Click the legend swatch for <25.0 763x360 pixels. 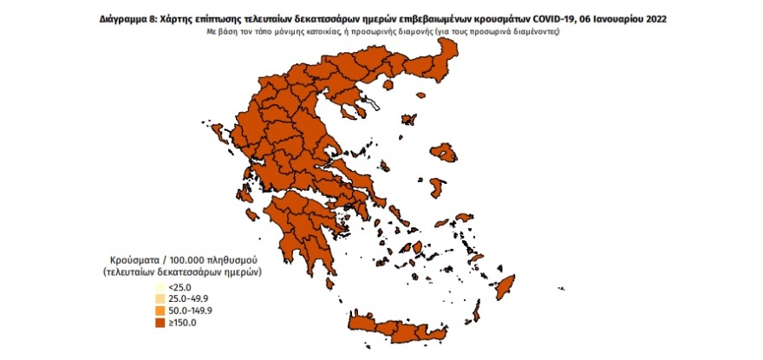160,287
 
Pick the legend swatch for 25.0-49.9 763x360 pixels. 160,298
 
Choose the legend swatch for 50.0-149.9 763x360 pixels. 160,310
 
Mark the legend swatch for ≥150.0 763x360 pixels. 160,321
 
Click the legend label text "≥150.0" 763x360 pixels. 184,321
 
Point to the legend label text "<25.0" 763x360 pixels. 180,287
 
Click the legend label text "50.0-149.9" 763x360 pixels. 190,310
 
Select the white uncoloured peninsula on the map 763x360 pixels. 371,106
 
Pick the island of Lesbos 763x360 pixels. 447,154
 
